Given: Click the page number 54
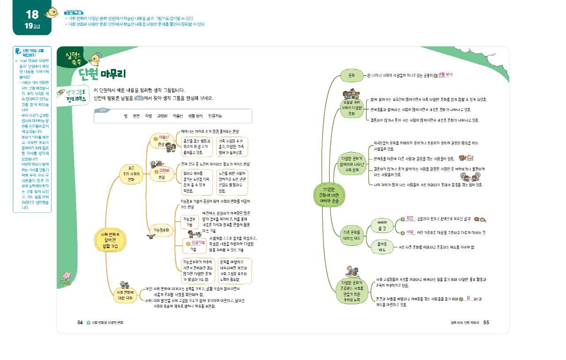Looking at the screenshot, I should (80, 322).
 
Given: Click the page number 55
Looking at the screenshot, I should (486, 322).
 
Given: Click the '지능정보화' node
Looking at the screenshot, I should (161, 230).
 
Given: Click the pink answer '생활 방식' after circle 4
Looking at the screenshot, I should (445, 75).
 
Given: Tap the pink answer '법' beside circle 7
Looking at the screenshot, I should (468, 298).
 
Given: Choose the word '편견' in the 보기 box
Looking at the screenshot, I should (136, 116).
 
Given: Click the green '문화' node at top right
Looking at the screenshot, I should (352, 76).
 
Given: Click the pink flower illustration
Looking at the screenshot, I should (67, 278).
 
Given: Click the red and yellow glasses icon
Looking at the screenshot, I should (481, 219).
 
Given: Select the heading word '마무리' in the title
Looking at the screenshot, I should (114, 73).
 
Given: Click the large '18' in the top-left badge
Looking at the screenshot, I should (32, 14).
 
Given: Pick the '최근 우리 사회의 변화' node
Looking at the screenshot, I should (131, 174).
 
